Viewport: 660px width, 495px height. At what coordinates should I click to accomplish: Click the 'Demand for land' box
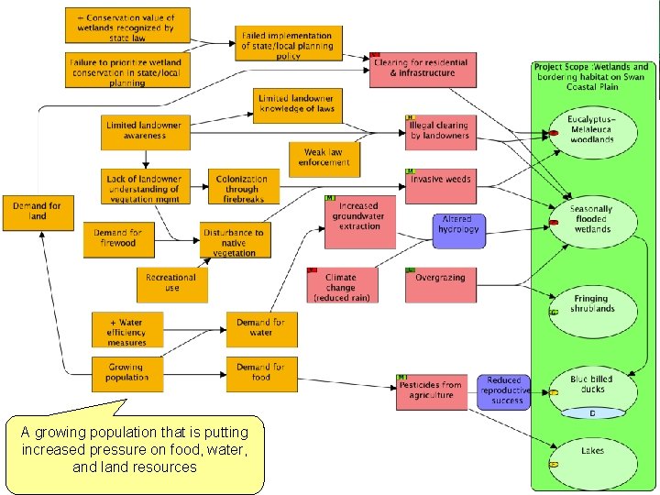coord(37,212)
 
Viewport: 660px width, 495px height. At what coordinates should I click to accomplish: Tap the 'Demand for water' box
coord(261,328)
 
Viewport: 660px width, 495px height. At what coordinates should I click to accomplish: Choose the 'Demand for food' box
coord(261,372)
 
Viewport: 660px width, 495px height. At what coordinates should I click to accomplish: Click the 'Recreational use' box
coord(172,283)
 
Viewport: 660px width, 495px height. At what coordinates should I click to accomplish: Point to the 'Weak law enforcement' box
coord(324,159)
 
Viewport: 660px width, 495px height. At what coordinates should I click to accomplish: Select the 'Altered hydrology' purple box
coord(458,225)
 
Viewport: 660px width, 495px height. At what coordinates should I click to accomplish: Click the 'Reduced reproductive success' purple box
coord(503,390)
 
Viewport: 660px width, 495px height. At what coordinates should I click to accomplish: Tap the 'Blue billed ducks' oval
coord(592,385)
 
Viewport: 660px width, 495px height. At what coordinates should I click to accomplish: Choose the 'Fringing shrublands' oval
coord(592,304)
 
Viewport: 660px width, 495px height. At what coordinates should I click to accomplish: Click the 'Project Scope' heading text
coord(592,72)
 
